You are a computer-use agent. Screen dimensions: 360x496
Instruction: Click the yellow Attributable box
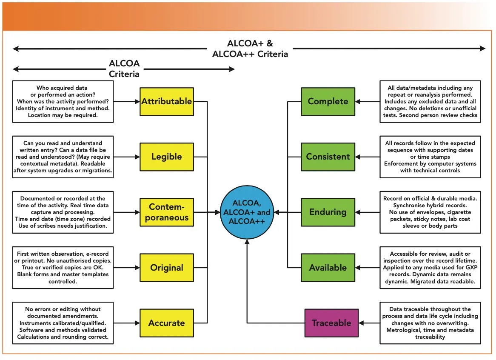(166, 101)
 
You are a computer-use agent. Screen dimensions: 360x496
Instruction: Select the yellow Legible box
(166, 157)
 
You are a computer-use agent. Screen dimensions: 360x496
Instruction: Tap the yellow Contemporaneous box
(166, 212)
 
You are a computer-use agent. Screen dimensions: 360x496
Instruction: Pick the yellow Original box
(166, 268)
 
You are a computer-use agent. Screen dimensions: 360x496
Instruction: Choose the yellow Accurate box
(166, 323)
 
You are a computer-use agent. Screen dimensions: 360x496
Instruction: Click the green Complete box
(328, 101)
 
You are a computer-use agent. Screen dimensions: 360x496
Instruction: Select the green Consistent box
(328, 157)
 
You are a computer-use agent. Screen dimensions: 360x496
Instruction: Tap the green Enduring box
(328, 212)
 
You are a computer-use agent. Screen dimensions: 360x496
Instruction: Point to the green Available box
(328, 268)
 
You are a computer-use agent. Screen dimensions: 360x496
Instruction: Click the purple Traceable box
(331, 323)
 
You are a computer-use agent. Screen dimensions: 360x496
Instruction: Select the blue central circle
(247, 212)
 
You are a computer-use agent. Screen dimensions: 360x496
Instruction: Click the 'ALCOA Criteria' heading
(124, 69)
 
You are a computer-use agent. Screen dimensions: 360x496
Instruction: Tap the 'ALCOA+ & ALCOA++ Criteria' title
(250, 49)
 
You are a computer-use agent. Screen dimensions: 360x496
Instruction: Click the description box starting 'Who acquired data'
(63, 102)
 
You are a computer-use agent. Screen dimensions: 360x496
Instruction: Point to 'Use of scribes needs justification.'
(63, 226)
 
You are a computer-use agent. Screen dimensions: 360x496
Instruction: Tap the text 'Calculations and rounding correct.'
(63, 337)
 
